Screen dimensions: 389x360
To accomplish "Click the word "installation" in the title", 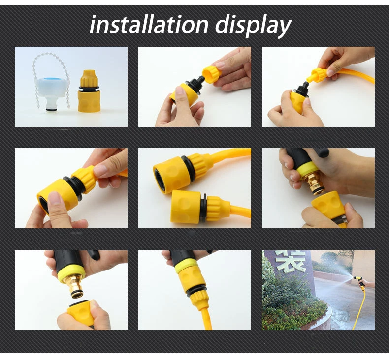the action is click(x=149, y=25).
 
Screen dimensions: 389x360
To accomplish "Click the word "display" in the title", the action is click(x=253, y=26).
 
